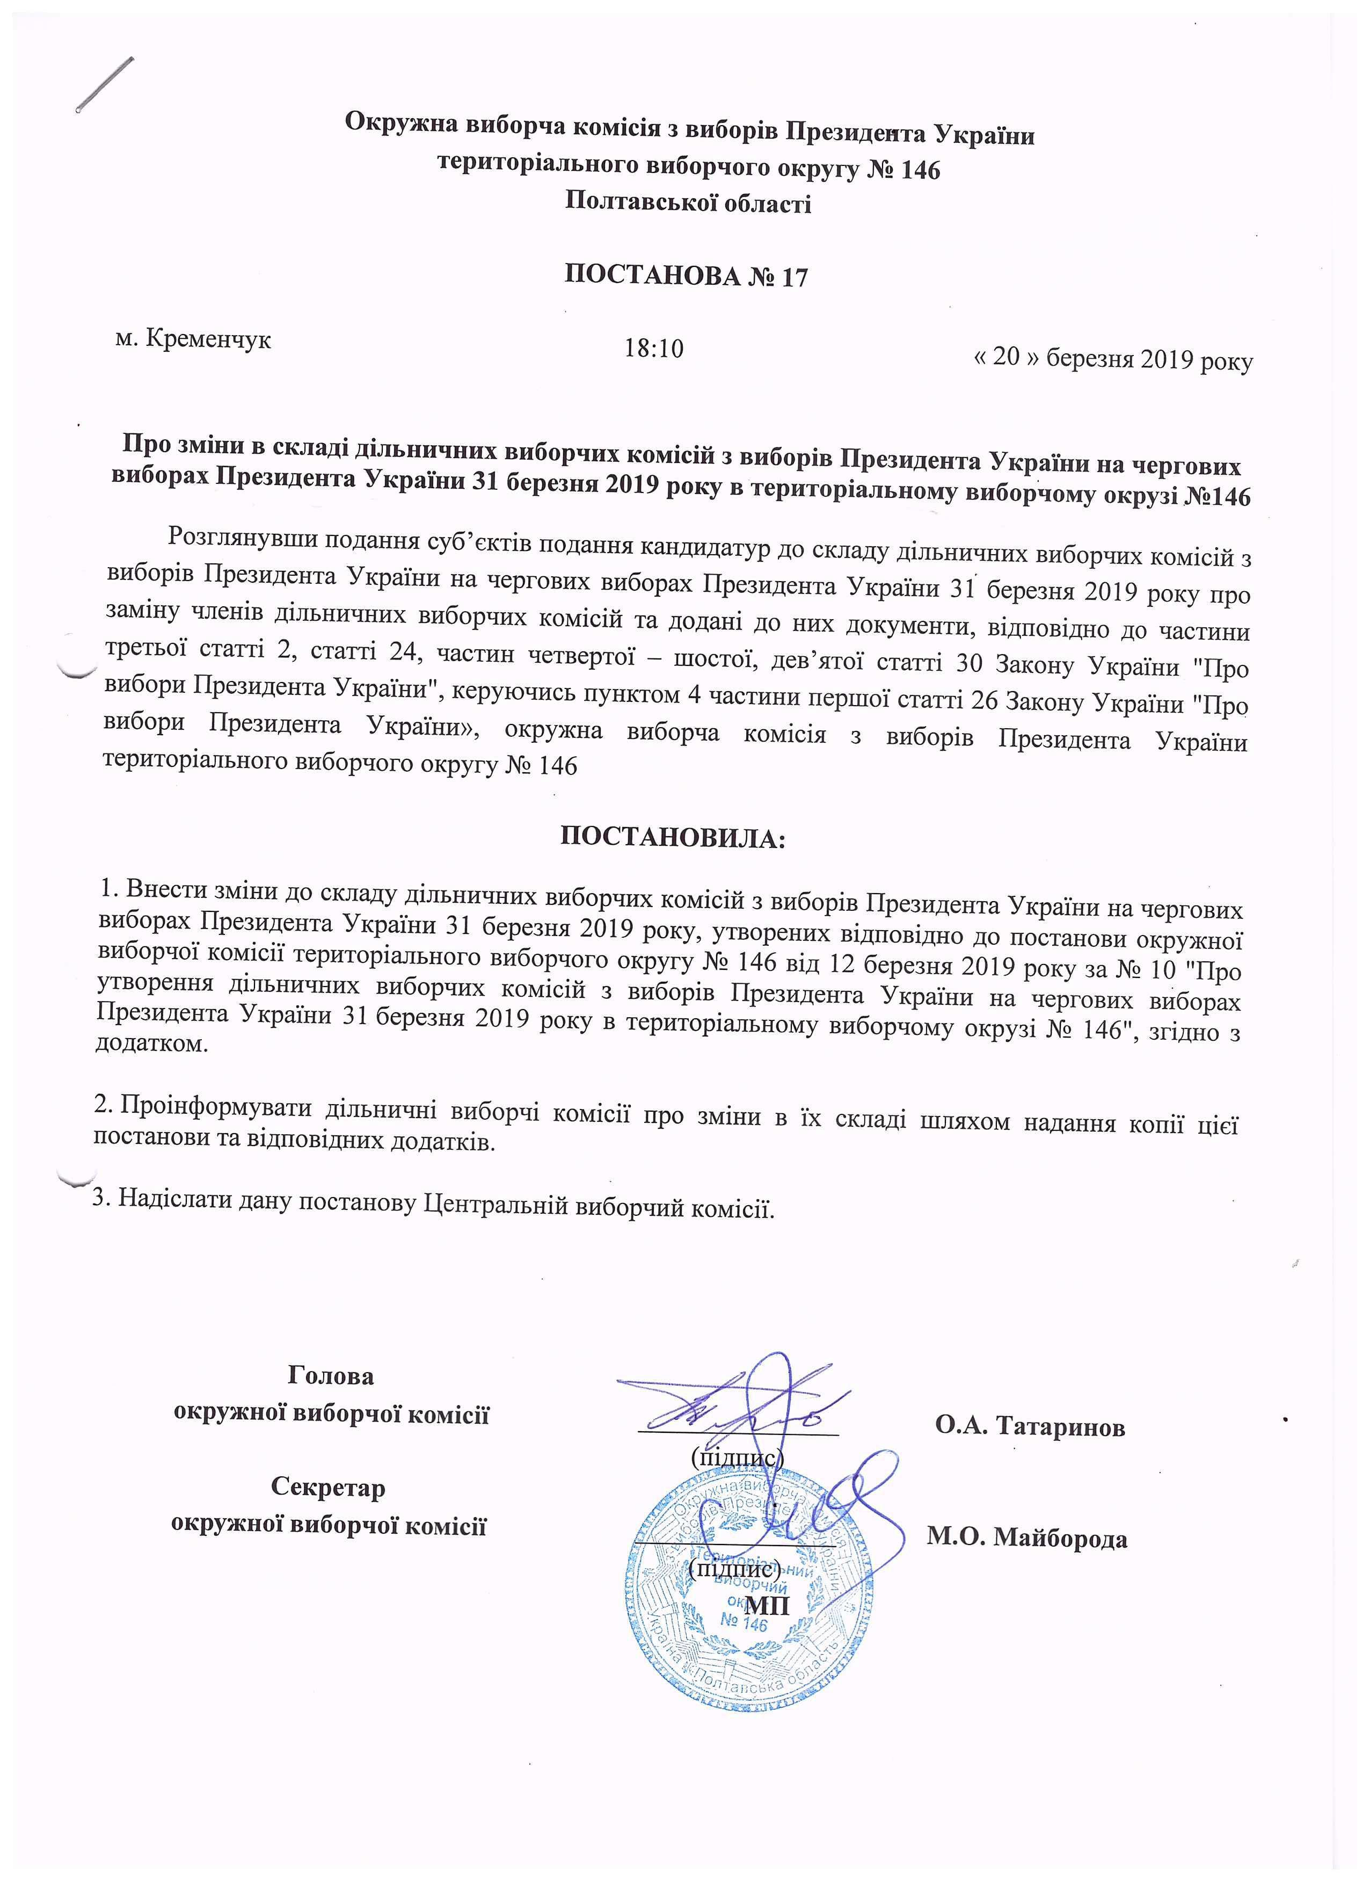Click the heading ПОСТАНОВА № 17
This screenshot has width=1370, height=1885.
pos(686,275)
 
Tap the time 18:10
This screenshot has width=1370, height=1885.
pos(654,348)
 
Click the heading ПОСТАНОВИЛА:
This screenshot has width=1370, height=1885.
pos(673,836)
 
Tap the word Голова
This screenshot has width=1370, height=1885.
pos(331,1375)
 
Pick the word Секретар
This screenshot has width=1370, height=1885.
pos(328,1487)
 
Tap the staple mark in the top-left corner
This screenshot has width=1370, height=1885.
pos(106,83)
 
